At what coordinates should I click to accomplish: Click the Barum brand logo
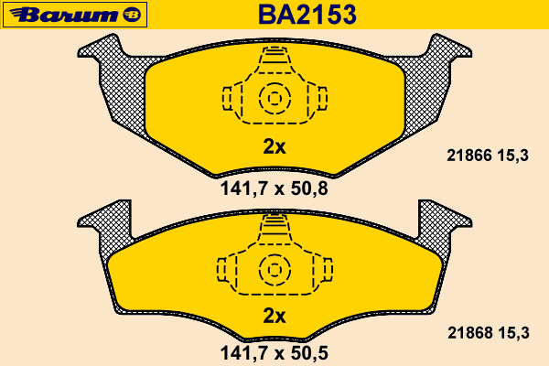coord(75,15)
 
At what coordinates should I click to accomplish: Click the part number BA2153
coord(307,15)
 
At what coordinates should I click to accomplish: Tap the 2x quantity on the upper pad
coord(274,146)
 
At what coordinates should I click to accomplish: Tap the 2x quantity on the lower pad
coord(274,316)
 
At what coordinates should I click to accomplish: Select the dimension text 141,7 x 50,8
coord(274,188)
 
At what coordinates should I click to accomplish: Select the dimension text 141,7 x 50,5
coord(274,353)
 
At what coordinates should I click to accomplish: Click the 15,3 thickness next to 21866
coord(512,156)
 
